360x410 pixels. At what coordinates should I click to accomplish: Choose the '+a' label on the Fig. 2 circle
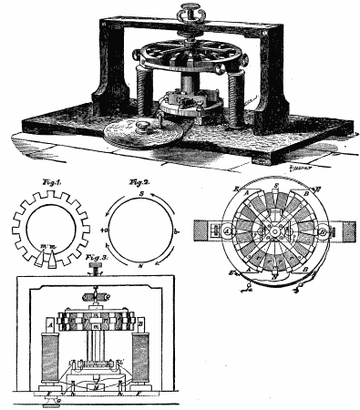tap(104, 231)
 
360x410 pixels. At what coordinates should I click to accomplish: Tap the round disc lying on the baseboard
tap(142, 133)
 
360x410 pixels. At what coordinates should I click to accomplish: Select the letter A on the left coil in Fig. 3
tap(48, 323)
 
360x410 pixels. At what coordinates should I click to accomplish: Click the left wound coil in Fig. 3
tap(48, 355)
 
